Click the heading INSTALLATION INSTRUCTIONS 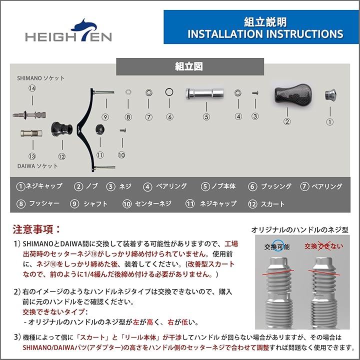point(265,34)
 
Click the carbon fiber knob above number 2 point(289,95)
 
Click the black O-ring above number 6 point(169,93)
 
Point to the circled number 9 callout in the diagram point(105,117)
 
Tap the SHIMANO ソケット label point(41,78)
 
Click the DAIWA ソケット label point(37,165)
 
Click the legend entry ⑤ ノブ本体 point(218,186)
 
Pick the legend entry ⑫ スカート point(266,203)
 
